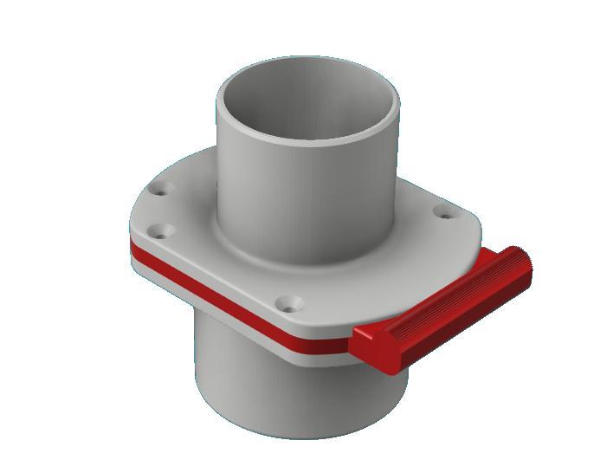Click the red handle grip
(442, 308)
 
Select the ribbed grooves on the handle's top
(450, 295)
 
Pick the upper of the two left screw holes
(162, 188)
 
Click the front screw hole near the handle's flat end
(288, 303)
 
